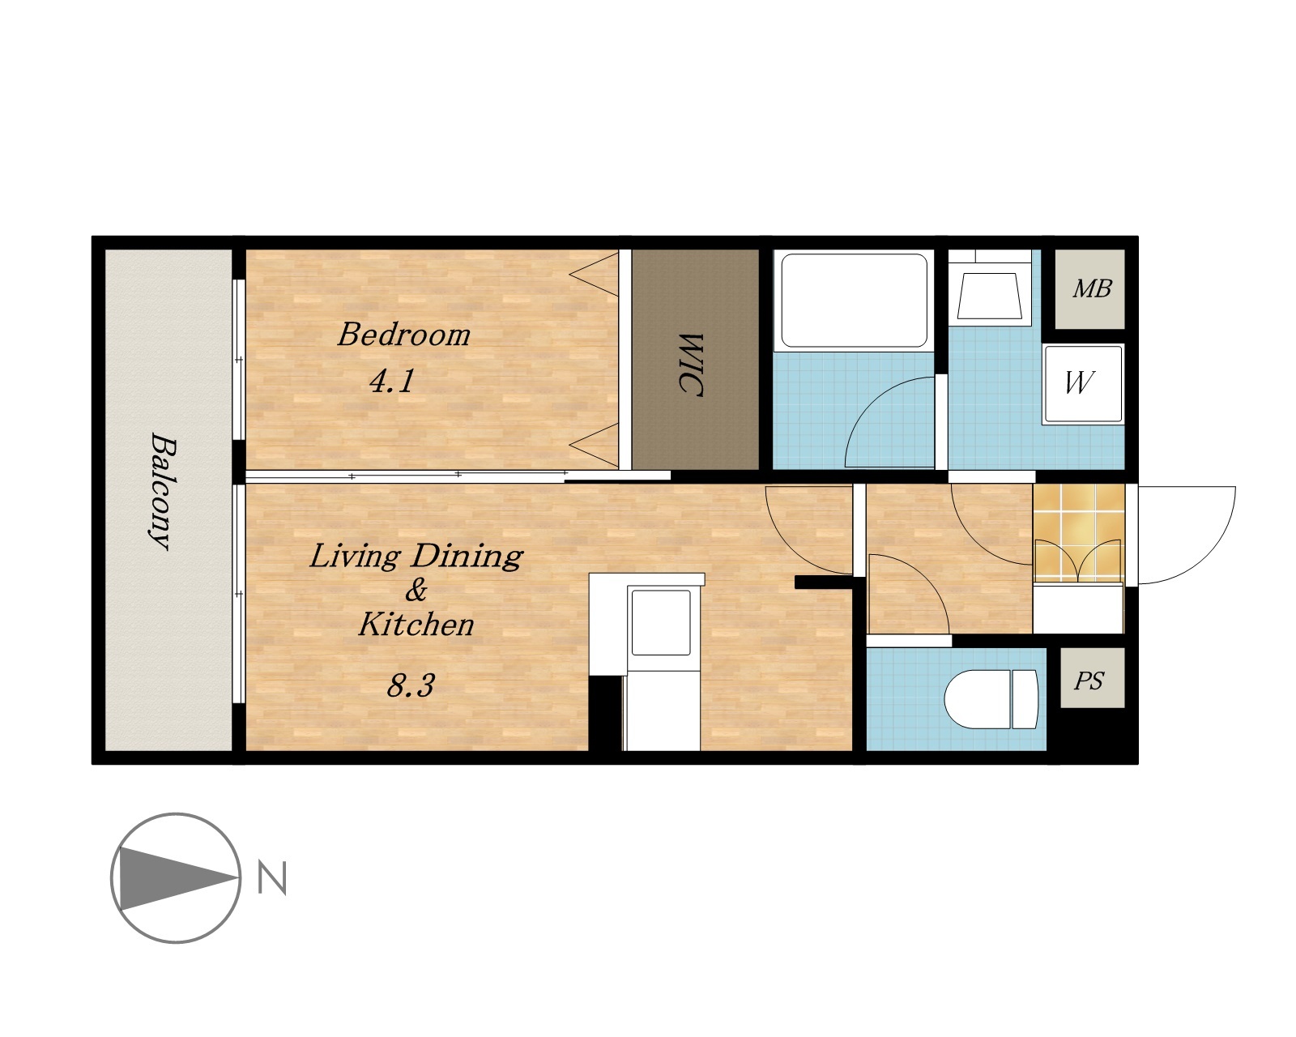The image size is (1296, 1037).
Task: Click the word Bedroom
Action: pyautogui.click(x=403, y=335)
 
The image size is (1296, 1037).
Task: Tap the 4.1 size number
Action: pyautogui.click(x=392, y=381)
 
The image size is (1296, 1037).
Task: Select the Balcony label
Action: pyautogui.click(x=163, y=491)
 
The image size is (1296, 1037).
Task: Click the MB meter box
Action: pyautogui.click(x=1090, y=289)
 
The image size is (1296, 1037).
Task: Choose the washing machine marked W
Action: pyautogui.click(x=1084, y=384)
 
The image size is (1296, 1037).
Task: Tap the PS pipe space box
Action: pyautogui.click(x=1092, y=678)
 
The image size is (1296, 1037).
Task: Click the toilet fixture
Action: pyautogui.click(x=991, y=699)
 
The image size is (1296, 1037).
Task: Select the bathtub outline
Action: pyautogui.click(x=854, y=301)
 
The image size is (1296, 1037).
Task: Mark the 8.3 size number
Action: pyautogui.click(x=410, y=685)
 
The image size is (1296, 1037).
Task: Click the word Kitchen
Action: pyautogui.click(x=416, y=624)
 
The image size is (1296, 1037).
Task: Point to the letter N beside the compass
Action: pyautogui.click(x=271, y=878)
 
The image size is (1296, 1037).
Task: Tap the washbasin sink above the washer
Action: pyautogui.click(x=990, y=296)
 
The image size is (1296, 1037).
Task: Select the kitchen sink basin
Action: pyautogui.click(x=661, y=622)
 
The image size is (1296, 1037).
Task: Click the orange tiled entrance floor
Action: pyautogui.click(x=1079, y=532)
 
